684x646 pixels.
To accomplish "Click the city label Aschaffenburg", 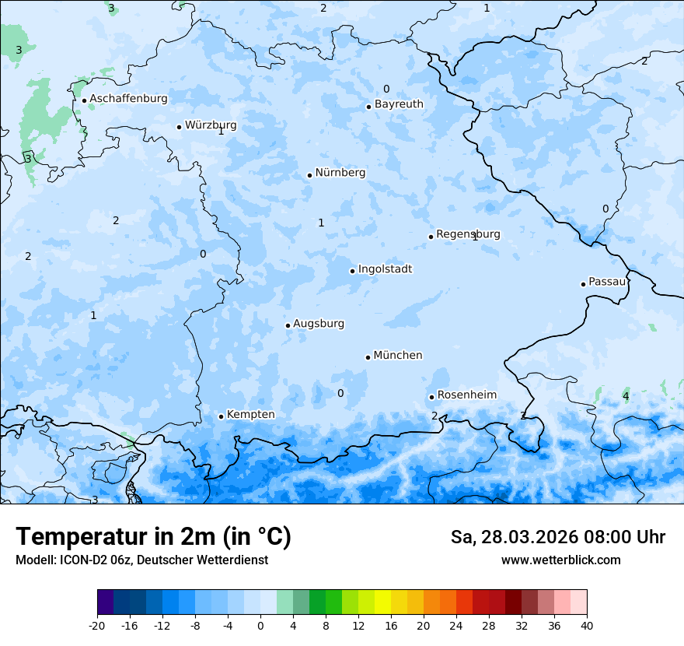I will point(128,99).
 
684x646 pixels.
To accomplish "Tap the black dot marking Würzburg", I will point(179,127).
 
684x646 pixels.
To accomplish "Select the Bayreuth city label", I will point(399,104).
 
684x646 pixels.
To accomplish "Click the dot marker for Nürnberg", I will point(309,175).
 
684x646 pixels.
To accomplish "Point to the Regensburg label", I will point(468,234).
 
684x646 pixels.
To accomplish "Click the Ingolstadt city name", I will point(385,269).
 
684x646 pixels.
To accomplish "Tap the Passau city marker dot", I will point(583,284).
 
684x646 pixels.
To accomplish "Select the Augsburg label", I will point(318,324).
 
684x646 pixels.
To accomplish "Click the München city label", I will point(397,356).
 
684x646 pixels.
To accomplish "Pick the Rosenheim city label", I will point(466,395).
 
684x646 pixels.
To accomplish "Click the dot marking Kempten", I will point(221,416).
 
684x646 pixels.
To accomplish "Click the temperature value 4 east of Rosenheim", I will point(626,397).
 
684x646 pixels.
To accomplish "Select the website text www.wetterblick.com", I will point(560,560).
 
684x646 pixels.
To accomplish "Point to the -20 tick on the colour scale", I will point(97,625).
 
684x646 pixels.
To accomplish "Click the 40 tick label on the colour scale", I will point(587,625).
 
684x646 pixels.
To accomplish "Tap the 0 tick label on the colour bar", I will point(260,625).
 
